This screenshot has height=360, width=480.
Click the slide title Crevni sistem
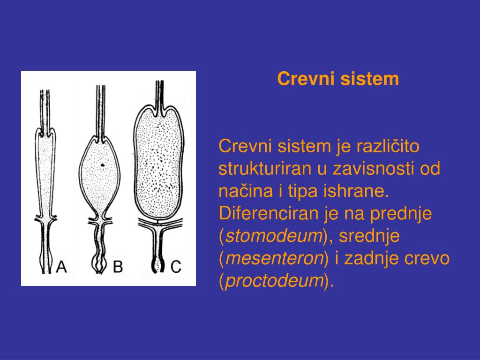tap(338, 79)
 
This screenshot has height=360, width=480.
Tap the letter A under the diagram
tap(61, 267)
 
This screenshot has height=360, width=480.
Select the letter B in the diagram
tap(118, 267)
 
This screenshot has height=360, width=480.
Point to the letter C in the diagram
tap(175, 267)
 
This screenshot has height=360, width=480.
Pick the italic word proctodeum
tap(275, 281)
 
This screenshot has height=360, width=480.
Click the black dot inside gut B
tap(102, 165)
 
